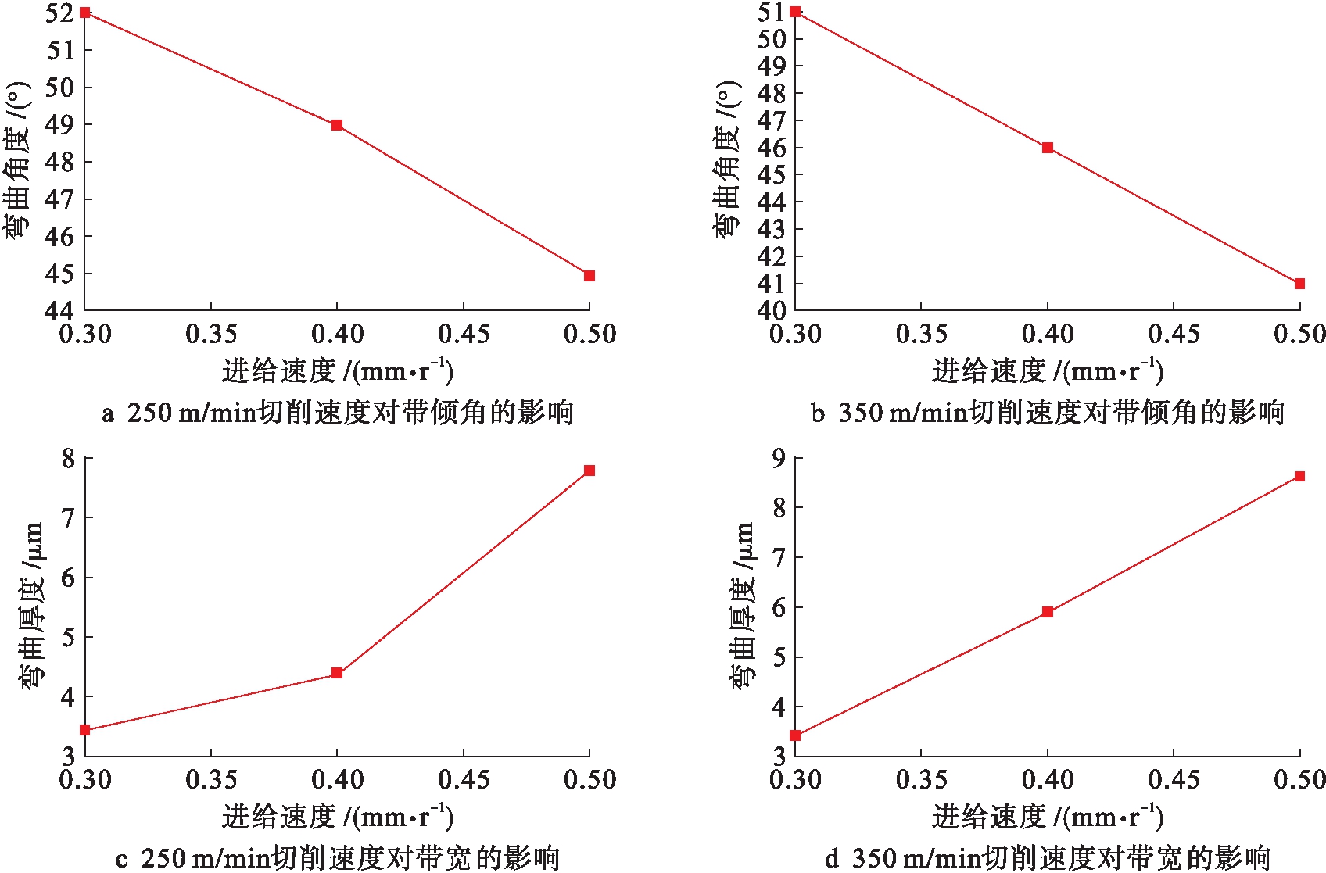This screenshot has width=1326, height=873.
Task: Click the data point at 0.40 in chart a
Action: pyautogui.click(x=337, y=125)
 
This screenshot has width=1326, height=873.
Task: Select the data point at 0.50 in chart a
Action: pyautogui.click(x=590, y=276)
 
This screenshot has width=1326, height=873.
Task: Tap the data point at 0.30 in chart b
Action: pyautogui.click(x=795, y=12)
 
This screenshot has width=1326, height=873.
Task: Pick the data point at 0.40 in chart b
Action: pyautogui.click(x=1048, y=148)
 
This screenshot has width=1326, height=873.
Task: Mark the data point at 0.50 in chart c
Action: pyautogui.click(x=590, y=470)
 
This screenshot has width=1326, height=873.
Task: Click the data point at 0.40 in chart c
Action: pyautogui.click(x=337, y=673)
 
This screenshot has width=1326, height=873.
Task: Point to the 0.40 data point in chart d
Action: pyautogui.click(x=1048, y=612)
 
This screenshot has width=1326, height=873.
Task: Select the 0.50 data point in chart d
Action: pyautogui.click(x=1299, y=476)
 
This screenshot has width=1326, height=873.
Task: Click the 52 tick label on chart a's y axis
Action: pyautogui.click(x=59, y=13)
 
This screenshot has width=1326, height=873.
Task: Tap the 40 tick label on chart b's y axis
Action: pyautogui.click(x=771, y=310)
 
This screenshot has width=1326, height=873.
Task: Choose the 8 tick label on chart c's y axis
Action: pyautogui.click(x=69, y=458)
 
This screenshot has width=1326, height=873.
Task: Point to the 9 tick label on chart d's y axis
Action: pyautogui.click(x=779, y=458)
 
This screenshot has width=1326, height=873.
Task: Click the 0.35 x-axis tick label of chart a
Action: pyautogui.click(x=211, y=335)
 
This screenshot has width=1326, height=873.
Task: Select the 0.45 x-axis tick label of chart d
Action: pyautogui.click(x=1174, y=779)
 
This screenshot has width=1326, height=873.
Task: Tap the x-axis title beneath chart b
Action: pyautogui.click(x=1047, y=370)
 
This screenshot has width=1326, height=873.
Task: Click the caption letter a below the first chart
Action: pyautogui.click(x=108, y=413)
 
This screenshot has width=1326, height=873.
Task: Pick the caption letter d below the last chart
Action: pyautogui.click(x=832, y=859)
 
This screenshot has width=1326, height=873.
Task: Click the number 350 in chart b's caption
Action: pyautogui.click(x=860, y=413)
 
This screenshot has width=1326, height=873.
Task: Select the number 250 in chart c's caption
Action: pyautogui.click(x=163, y=859)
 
